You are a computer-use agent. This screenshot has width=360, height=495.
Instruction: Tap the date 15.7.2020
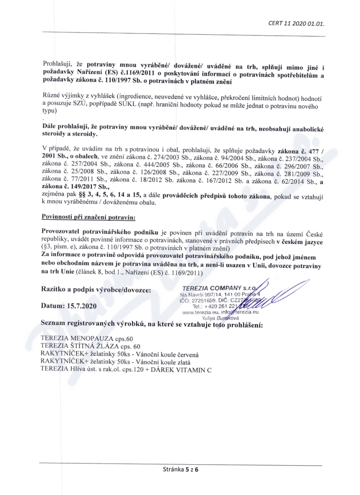click(83, 306)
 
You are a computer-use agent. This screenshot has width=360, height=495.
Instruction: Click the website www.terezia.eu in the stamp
click(200, 311)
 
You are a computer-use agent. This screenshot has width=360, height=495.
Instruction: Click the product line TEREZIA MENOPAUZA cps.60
click(87, 338)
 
